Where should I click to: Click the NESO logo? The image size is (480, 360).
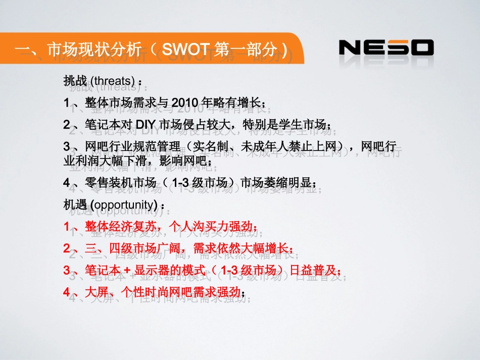tap(386, 48)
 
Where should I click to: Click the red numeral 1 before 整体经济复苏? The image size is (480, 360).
tap(67, 227)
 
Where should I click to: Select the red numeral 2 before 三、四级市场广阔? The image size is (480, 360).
tap(67, 248)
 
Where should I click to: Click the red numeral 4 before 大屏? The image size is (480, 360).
tap(67, 292)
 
